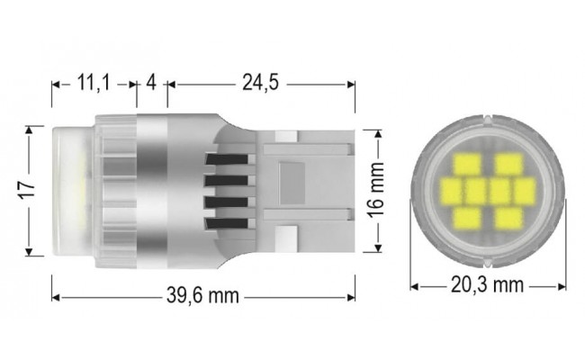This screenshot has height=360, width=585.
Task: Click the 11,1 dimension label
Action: click(93, 84)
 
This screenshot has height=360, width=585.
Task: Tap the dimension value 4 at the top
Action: click(151, 84)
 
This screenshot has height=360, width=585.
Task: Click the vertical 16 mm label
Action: click(378, 191)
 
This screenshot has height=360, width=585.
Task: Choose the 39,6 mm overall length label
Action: click(202, 296)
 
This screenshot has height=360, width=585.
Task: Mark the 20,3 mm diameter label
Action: click(486, 286)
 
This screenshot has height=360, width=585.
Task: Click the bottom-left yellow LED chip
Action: click(470, 216)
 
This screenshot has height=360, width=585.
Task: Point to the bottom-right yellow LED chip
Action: click(508, 216)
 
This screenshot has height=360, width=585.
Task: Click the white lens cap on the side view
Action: click(70, 191)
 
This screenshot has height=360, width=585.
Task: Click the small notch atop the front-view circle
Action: click(488, 118)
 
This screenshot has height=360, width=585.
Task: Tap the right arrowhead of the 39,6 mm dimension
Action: click(352, 296)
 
